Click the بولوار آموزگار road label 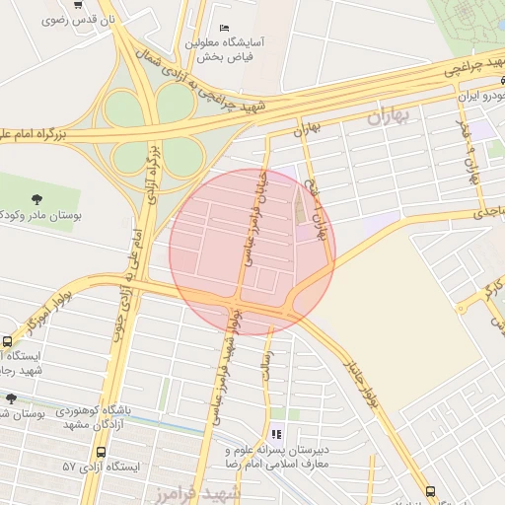click(x=44, y=309)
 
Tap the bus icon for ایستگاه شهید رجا click(x=8, y=341)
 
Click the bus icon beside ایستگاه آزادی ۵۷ click(x=101, y=452)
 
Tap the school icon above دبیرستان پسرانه click(x=275, y=434)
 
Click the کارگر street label click(x=486, y=290)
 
